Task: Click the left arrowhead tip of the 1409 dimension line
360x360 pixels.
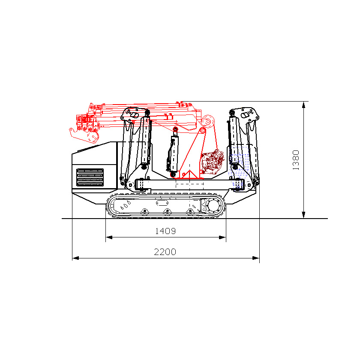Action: point(106,237)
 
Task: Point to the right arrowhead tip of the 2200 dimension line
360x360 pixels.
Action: point(259,258)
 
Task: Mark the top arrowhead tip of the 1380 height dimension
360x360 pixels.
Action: point(303,102)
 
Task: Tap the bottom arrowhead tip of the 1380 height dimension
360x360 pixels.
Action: point(303,218)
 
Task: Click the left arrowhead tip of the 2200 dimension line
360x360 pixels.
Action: point(72,258)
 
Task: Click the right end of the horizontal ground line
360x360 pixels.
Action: point(327,219)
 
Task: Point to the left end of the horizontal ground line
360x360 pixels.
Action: point(62,219)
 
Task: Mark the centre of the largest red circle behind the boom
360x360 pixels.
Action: point(208,121)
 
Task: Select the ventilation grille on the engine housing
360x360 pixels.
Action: point(90,177)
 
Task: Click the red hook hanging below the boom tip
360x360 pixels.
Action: point(84,135)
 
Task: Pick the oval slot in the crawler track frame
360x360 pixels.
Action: point(162,203)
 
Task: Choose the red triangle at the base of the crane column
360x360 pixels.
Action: point(189,174)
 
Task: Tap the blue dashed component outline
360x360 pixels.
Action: point(240,168)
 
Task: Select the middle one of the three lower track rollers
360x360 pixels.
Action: point(167,211)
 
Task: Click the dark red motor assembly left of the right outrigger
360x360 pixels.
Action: point(212,162)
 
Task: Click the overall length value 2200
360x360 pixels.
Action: point(165,252)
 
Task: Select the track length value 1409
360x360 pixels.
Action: point(165,231)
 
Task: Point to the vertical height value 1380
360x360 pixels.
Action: point(296,160)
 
